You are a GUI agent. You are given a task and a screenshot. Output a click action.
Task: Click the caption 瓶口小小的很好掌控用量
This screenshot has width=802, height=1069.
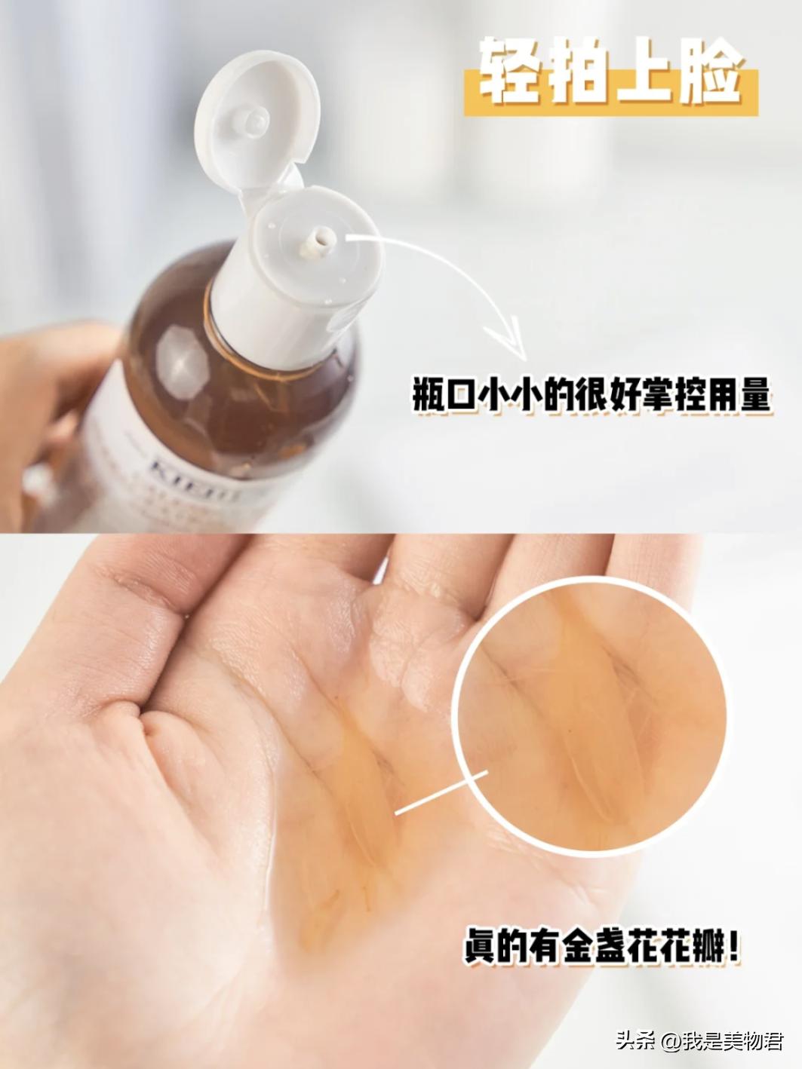point(592,394)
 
